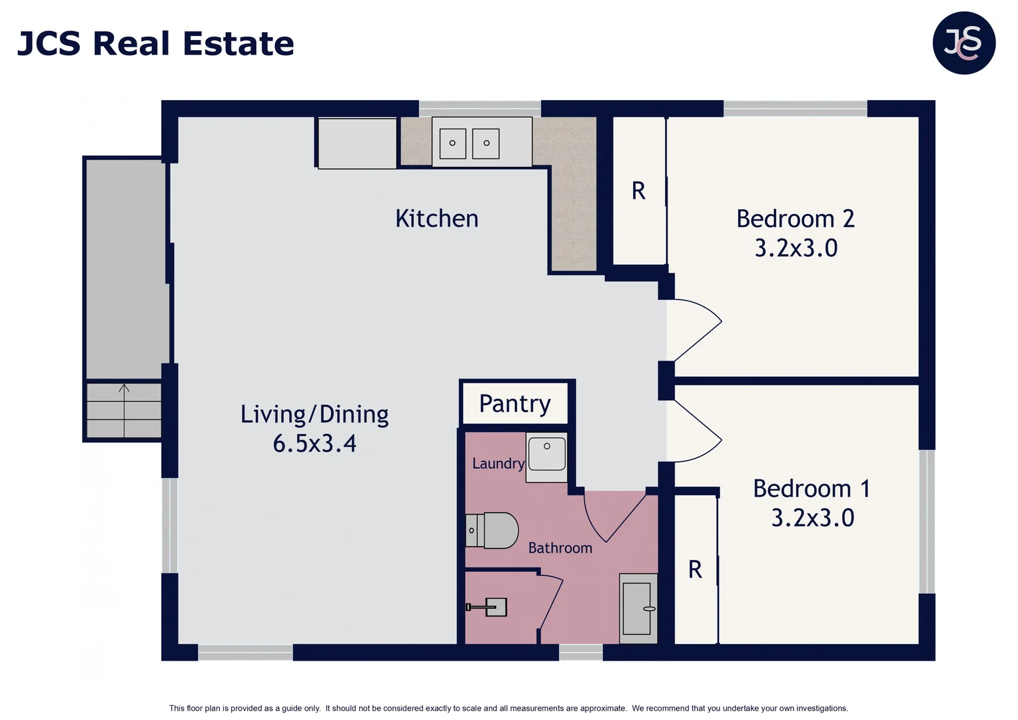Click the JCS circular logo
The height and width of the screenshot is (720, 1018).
[963, 43]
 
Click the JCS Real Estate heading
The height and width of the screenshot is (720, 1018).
[155, 44]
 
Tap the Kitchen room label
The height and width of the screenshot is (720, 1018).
[436, 219]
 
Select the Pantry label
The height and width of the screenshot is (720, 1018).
[514, 403]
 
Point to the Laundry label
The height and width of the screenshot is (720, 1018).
[498, 463]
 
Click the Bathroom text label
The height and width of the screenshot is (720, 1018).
[560, 548]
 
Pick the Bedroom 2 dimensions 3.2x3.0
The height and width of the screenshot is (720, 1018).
[795, 248]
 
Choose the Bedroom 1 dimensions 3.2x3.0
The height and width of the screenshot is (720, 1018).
[812, 518]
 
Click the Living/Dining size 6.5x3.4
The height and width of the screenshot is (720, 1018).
[314, 443]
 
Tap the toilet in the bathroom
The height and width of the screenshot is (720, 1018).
[493, 531]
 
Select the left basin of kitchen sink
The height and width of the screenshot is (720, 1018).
[452, 143]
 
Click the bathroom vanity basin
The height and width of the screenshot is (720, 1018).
[638, 609]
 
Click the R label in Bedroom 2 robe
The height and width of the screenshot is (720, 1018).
[638, 191]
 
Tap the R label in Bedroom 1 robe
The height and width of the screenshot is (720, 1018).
[695, 570]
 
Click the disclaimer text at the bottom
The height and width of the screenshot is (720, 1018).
[508, 708]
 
